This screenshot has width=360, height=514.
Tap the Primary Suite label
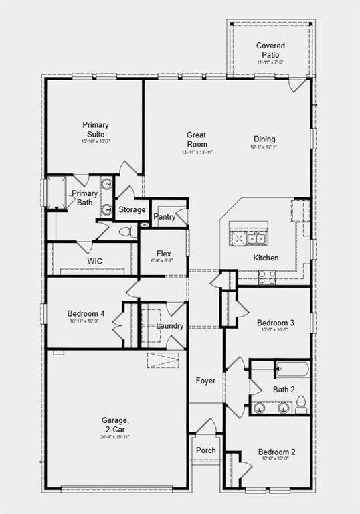(x=96, y=128)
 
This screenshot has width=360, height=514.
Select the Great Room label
(x=197, y=139)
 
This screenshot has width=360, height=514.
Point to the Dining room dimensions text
(x=263, y=147)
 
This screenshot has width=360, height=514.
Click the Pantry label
(x=165, y=217)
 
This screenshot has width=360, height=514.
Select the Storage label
(x=132, y=210)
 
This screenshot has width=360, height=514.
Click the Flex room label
(x=164, y=254)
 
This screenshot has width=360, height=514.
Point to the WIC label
(x=94, y=261)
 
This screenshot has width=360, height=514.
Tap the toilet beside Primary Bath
(x=126, y=232)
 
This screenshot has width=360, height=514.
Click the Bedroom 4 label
(x=86, y=313)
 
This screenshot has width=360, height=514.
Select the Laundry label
(x=170, y=326)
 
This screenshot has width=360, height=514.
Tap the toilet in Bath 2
(x=301, y=405)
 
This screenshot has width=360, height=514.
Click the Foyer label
(x=205, y=381)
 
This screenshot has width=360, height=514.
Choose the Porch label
(x=205, y=450)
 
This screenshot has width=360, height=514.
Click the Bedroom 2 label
(x=277, y=452)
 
